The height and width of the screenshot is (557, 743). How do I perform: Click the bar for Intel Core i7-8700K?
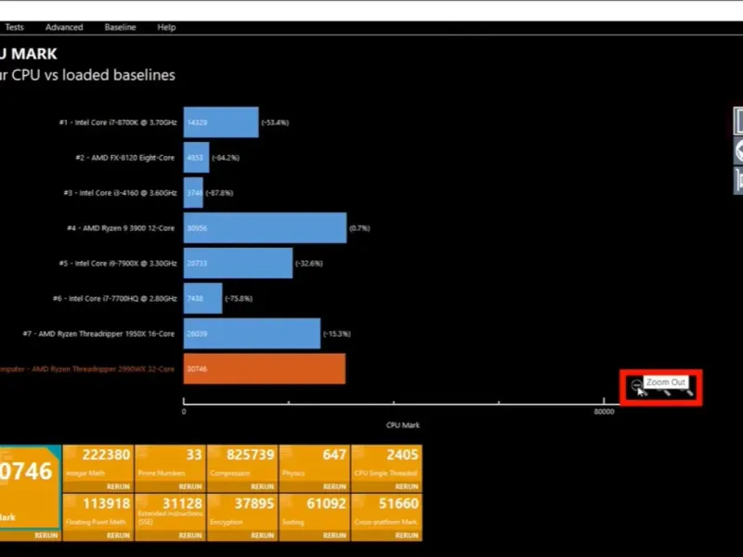(x=220, y=123)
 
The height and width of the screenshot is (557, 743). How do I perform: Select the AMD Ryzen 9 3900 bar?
(x=265, y=228)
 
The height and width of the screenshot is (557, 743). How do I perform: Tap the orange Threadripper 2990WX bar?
(x=264, y=369)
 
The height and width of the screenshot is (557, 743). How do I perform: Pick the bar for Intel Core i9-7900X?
(x=238, y=264)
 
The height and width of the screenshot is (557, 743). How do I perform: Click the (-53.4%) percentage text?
(x=275, y=123)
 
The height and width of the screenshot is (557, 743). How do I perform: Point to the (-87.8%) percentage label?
(x=219, y=193)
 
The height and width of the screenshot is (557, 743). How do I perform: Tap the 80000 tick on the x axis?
(x=604, y=411)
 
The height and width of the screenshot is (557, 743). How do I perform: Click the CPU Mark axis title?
(x=403, y=425)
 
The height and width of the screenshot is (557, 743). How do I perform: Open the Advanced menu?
(x=64, y=28)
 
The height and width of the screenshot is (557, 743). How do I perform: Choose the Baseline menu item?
(x=120, y=28)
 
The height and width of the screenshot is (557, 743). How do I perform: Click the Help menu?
(x=166, y=28)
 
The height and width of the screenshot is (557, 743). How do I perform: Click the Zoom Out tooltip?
(x=666, y=382)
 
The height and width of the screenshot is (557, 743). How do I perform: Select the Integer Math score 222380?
(x=106, y=455)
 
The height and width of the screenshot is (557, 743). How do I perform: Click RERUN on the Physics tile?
(x=335, y=486)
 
